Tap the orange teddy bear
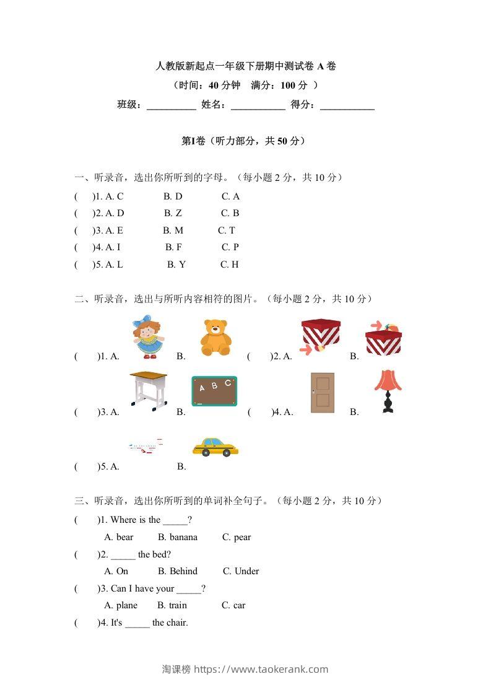coord(215,338)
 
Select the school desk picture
coord(149,390)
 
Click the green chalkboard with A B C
coord(214,391)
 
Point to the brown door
coord(323,393)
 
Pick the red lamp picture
coord(388,391)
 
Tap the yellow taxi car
coord(215,447)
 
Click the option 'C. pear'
coord(237,537)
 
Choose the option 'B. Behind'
coord(178,571)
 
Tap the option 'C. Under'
coord(241,571)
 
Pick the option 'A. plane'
coord(121,605)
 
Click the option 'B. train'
coord(172,605)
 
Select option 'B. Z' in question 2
coord(173,213)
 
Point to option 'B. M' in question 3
coord(173,230)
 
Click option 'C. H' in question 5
coord(230,264)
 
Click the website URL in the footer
coord(261,669)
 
